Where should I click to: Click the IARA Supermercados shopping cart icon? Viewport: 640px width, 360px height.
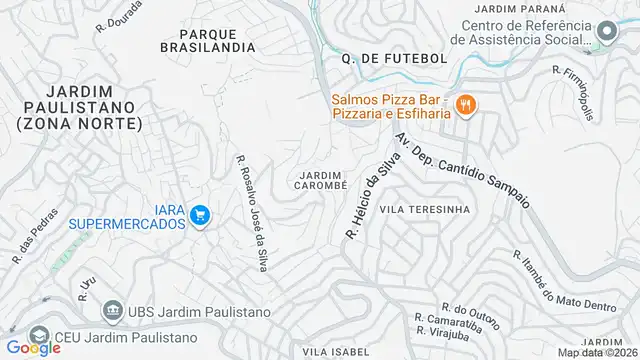tap(200, 214)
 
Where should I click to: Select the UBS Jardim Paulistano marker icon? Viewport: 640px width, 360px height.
tap(113, 311)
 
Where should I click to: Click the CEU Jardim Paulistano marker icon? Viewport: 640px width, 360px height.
tap(39, 334)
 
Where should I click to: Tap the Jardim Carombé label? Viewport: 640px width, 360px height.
tap(321, 180)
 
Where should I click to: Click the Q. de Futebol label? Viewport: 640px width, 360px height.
tap(393, 59)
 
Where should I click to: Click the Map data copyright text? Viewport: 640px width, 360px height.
tap(598, 352)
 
